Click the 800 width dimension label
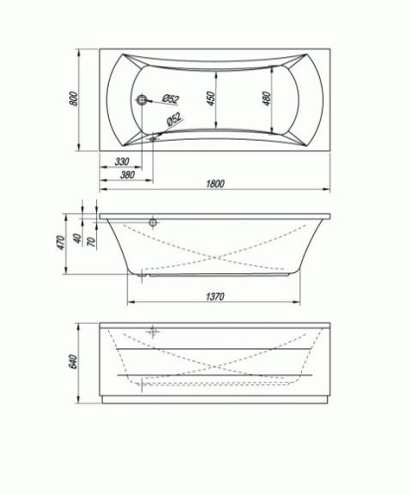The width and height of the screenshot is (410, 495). pyautogui.click(x=74, y=98)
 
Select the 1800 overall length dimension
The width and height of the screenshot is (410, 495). pyautogui.click(x=215, y=183)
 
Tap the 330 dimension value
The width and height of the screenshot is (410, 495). pyautogui.click(x=122, y=161)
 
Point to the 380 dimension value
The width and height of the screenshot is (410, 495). pyautogui.click(x=128, y=174)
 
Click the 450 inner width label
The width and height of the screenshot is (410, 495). pyautogui.click(x=211, y=98)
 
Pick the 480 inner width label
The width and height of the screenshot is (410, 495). pyautogui.click(x=266, y=98)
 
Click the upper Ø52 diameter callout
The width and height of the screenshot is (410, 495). pyautogui.click(x=170, y=98)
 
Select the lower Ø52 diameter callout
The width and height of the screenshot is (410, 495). pyautogui.click(x=174, y=119)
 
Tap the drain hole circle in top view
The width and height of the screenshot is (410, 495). pyautogui.click(x=143, y=99)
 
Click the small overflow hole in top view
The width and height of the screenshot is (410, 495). pyautogui.click(x=153, y=139)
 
